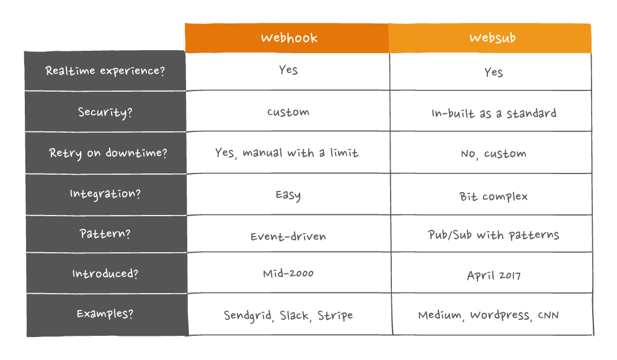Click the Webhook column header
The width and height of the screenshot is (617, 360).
(289, 38)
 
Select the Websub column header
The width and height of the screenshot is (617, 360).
(492, 38)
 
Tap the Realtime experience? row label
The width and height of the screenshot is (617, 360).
(105, 71)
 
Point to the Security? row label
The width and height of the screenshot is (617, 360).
(105, 112)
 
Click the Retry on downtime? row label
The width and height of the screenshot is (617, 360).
(108, 153)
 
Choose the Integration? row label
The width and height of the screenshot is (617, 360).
(105, 194)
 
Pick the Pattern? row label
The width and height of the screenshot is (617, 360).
(105, 234)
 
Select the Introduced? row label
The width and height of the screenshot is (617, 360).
(105, 273)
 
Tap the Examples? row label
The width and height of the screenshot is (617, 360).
(105, 314)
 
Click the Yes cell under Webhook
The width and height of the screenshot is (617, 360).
(288, 70)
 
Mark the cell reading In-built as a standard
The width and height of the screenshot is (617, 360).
(494, 113)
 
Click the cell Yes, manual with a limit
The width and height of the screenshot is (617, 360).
(287, 153)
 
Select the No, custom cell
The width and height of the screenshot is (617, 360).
(494, 154)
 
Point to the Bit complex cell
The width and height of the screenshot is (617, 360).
(494, 196)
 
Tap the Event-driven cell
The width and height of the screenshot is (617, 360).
(288, 236)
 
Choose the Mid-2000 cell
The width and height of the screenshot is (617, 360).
(288, 273)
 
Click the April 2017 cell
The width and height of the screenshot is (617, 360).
(494, 276)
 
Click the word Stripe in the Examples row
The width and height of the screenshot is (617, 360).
(335, 315)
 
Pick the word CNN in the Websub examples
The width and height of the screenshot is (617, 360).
(548, 315)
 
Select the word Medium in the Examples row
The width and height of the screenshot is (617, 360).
(440, 315)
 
